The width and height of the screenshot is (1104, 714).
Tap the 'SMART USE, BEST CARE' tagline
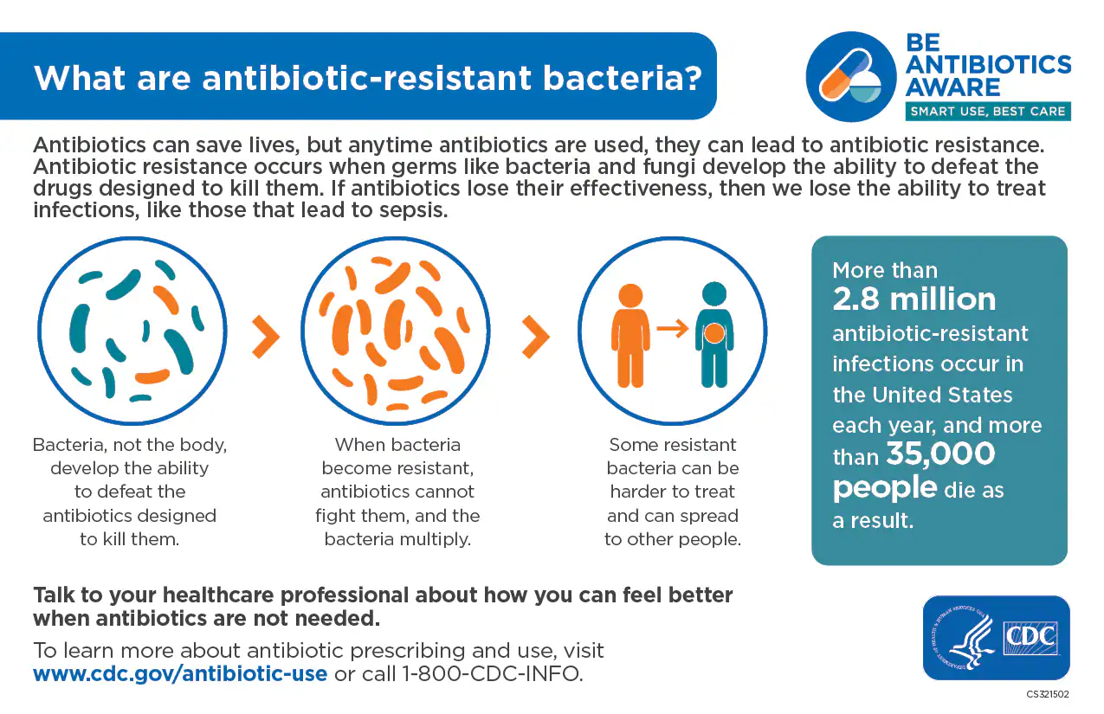tap(988, 112)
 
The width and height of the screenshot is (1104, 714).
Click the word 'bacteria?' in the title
tap(623, 79)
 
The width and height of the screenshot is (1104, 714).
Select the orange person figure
tap(630, 336)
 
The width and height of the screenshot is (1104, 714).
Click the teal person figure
tap(714, 335)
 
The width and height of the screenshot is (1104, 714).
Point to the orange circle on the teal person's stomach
tap(714, 333)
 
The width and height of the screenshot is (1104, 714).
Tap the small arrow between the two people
tap(672, 328)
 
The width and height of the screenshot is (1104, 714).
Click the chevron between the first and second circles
tap(266, 337)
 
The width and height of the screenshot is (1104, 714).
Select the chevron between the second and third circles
tap(536, 337)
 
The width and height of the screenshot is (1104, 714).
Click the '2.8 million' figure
tap(914, 299)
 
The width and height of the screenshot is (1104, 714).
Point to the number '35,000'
tap(940, 453)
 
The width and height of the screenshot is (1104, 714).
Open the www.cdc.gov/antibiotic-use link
tap(180, 673)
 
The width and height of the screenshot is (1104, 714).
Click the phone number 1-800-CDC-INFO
tap(492, 673)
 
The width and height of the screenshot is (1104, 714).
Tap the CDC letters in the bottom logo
tap(1030, 636)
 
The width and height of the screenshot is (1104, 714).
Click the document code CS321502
tap(1048, 694)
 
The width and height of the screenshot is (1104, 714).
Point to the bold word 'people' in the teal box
tap(885, 488)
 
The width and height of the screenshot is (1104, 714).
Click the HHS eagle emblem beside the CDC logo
tap(965, 638)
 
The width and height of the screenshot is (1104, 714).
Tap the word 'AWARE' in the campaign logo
tap(952, 87)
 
